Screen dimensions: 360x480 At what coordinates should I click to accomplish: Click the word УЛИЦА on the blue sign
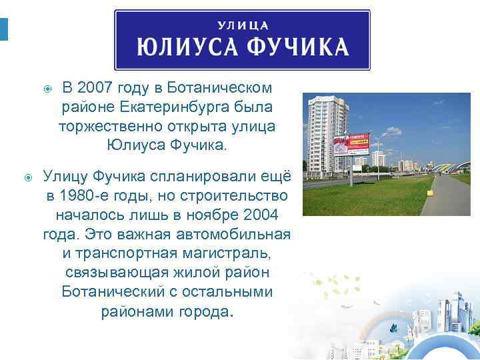[243, 26]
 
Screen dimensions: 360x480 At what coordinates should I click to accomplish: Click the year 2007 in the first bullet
[94, 88]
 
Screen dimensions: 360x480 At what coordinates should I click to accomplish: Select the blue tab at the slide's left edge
[3, 29]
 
